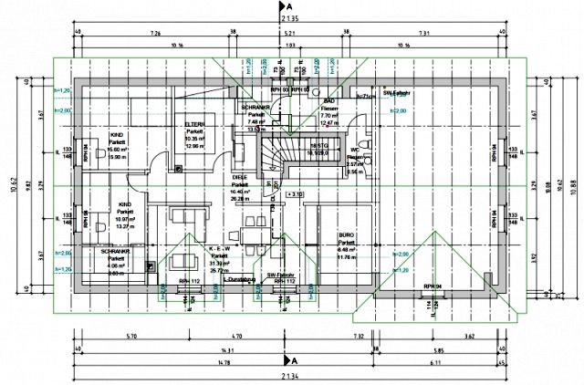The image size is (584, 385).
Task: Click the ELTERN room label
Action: click(x=193, y=124)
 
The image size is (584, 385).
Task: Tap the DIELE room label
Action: click(x=240, y=178)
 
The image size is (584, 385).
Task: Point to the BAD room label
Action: click(x=330, y=101)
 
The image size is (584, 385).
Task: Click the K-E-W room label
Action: click(x=219, y=249)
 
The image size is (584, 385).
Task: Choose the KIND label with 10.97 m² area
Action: click(x=124, y=205)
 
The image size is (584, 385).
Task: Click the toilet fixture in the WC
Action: click(x=365, y=145)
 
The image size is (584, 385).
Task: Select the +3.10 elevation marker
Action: click(x=294, y=193)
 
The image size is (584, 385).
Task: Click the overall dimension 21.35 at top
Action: click(x=290, y=17)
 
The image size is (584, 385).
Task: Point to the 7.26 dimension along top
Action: click(x=155, y=33)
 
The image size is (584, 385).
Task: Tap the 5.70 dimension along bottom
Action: click(x=132, y=337)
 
